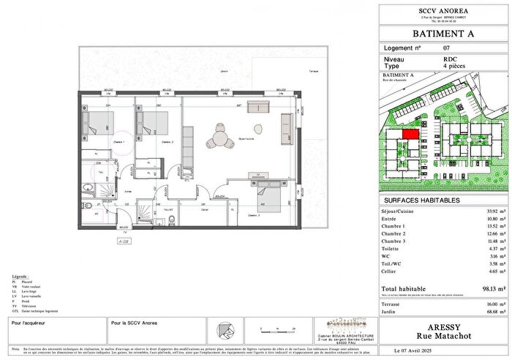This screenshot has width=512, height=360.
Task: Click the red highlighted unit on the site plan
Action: pos(410,134)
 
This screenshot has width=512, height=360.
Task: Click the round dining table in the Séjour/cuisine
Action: pos(219,138)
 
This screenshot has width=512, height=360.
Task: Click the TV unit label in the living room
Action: pos(258,176)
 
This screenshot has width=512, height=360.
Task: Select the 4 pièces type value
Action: pos(455,67)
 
